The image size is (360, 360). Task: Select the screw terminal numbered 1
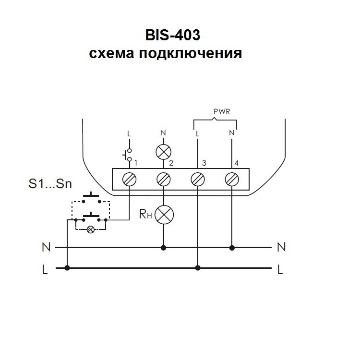pos(130,180)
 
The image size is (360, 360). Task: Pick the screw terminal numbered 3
pos(198,180)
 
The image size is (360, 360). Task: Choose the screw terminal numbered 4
pos(232,180)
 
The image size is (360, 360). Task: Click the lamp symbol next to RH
pos(164,214)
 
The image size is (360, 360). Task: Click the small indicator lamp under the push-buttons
pos(90,229)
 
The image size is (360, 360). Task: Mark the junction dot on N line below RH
pos(164,248)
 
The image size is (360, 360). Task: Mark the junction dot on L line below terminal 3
pos(198,268)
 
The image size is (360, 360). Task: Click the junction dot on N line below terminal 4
pos(232,248)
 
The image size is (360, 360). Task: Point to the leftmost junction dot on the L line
pos(67,268)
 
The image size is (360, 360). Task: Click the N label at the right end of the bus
pos(282,248)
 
